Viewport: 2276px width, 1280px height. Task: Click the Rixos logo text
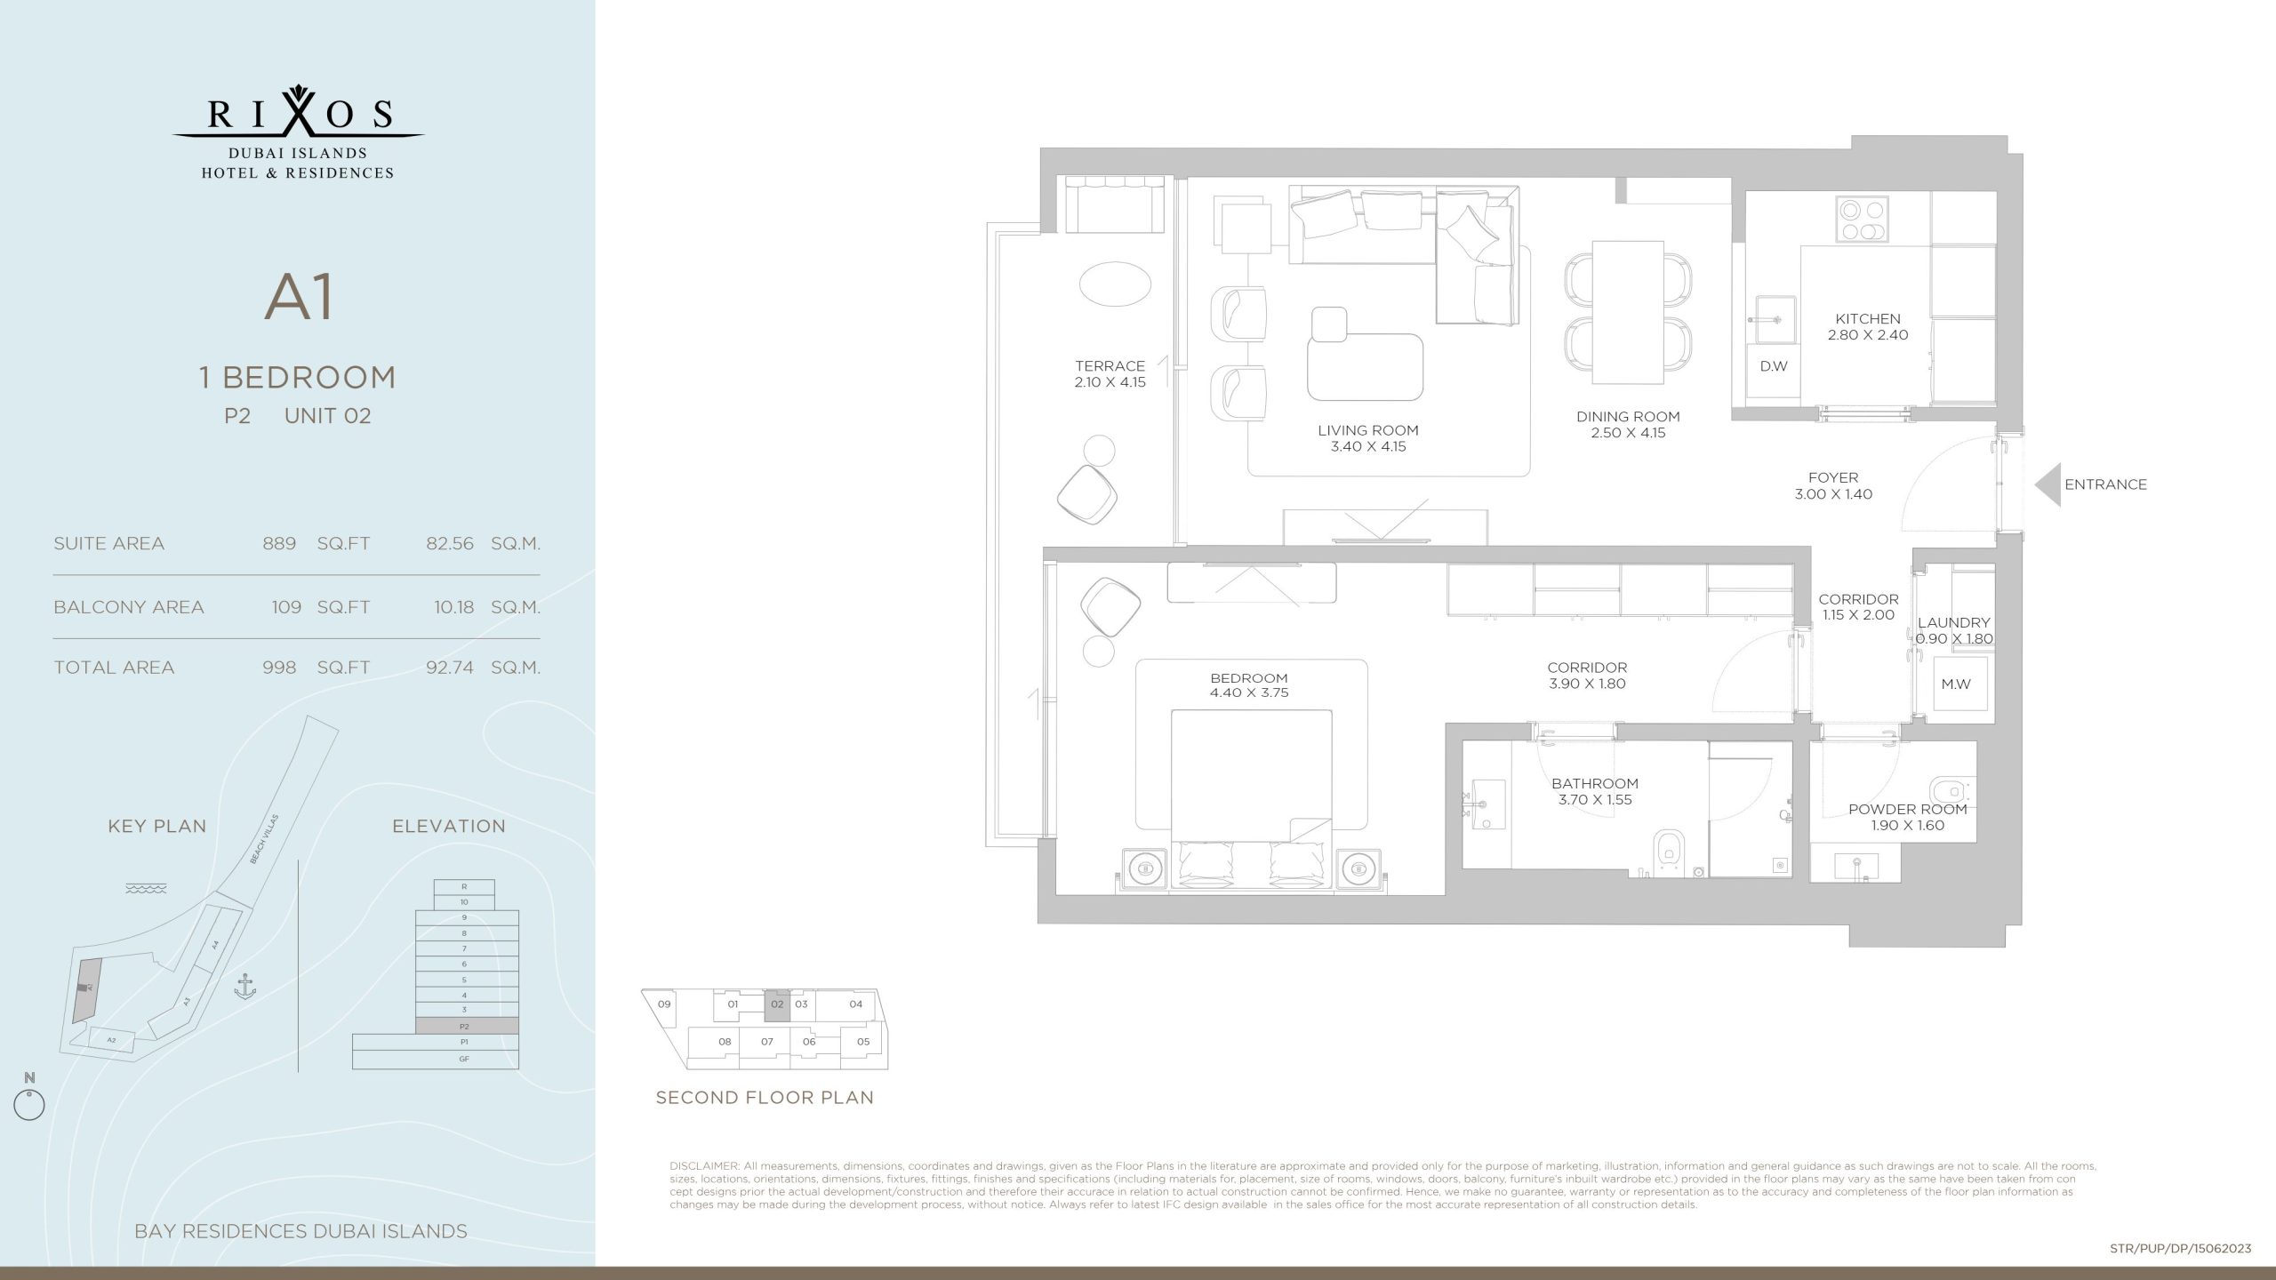pyautogui.click(x=299, y=114)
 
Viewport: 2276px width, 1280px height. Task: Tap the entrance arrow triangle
pyautogui.click(x=2049, y=484)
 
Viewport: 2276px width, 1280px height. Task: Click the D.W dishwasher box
pyautogui.click(x=1773, y=366)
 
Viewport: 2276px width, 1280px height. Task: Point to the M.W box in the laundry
pyautogui.click(x=1956, y=684)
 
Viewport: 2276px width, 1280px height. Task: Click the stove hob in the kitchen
pyautogui.click(x=1862, y=220)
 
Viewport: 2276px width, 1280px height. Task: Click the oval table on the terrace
pyautogui.click(x=1115, y=284)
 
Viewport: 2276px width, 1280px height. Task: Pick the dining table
pyautogui.click(x=1627, y=312)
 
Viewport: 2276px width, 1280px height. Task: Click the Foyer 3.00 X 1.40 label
pyautogui.click(x=1833, y=485)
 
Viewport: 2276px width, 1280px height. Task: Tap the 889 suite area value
pyautogui.click(x=279, y=543)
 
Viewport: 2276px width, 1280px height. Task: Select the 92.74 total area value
pyautogui.click(x=450, y=668)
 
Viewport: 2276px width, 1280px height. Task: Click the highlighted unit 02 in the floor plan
pyautogui.click(x=777, y=1005)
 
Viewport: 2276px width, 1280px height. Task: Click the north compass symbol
pyautogui.click(x=29, y=1105)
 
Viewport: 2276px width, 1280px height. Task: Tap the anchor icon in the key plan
pyautogui.click(x=244, y=986)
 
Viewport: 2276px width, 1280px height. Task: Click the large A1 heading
pyautogui.click(x=299, y=298)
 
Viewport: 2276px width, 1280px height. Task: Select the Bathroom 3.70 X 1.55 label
pyautogui.click(x=1595, y=791)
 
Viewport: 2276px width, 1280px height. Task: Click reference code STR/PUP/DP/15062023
pyautogui.click(x=2180, y=1248)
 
